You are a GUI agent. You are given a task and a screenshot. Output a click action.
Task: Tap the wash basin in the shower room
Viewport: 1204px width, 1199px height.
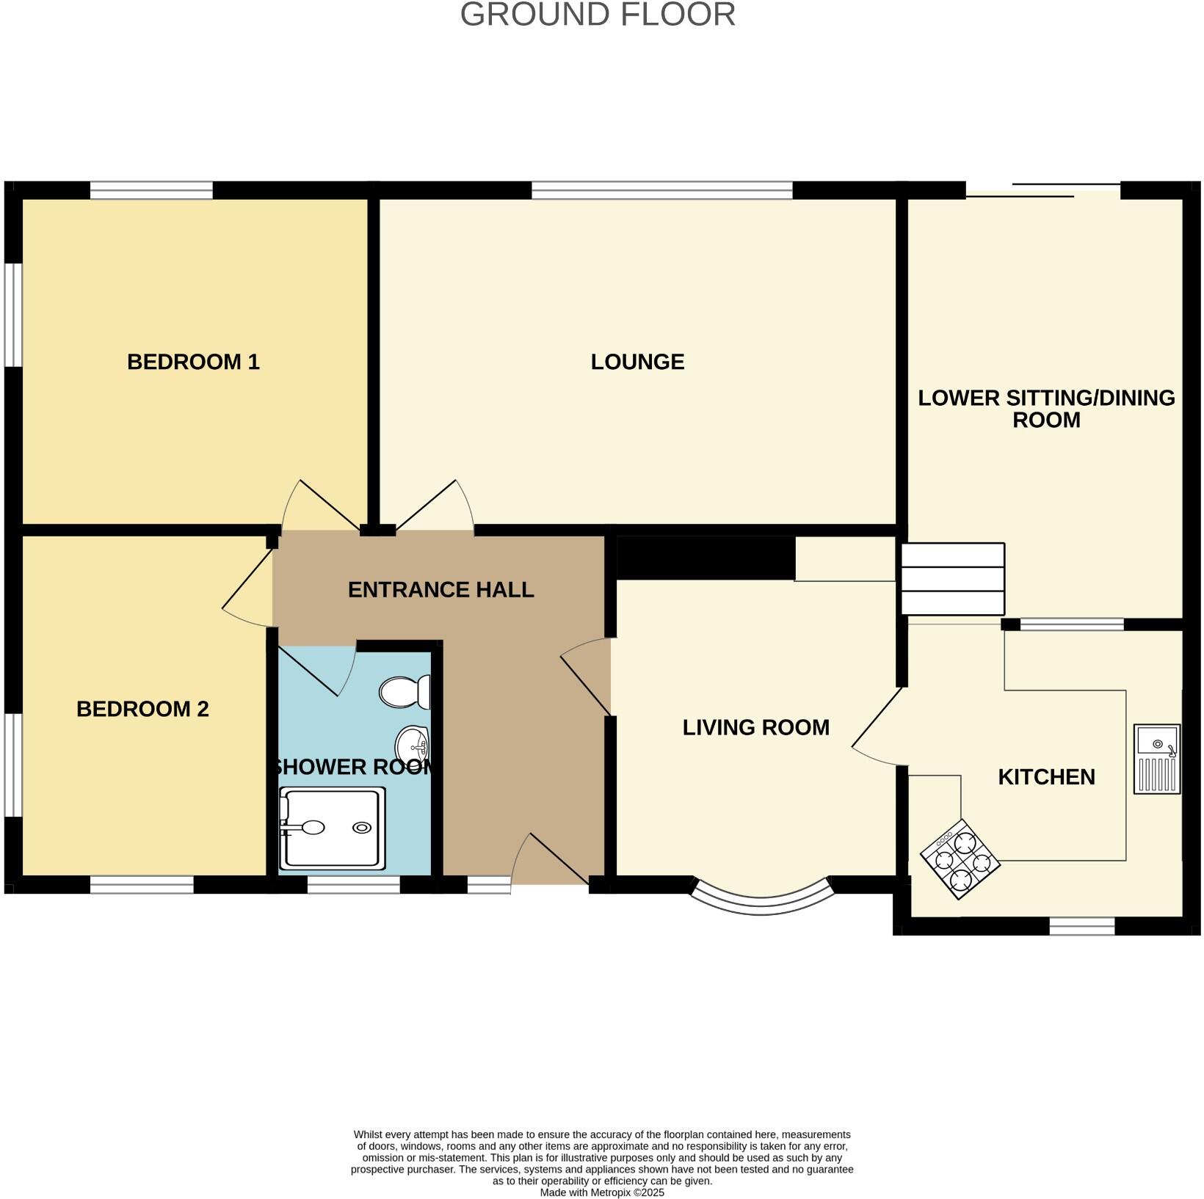(413, 746)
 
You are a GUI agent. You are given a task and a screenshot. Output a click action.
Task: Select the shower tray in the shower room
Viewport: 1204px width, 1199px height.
(333, 828)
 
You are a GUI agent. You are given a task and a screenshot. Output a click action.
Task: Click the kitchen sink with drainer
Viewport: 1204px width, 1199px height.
(1157, 759)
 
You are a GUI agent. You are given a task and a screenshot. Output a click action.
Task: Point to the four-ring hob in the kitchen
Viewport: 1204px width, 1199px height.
(960, 858)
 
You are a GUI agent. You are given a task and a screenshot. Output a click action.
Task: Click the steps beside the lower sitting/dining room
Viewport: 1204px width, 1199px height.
(952, 579)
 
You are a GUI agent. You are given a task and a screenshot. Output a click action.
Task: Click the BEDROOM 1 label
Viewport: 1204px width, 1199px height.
(193, 362)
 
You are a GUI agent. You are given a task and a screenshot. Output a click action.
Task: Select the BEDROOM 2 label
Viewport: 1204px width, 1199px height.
(142, 709)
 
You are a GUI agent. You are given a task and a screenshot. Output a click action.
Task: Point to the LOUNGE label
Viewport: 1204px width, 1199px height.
(637, 362)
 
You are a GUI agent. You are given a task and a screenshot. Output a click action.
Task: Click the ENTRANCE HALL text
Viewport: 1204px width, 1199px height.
(440, 590)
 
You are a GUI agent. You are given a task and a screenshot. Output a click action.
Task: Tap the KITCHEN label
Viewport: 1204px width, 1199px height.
(1046, 777)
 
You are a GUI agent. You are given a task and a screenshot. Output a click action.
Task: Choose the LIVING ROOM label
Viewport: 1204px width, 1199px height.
(755, 727)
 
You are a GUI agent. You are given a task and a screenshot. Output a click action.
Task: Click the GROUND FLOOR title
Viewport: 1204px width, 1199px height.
(598, 15)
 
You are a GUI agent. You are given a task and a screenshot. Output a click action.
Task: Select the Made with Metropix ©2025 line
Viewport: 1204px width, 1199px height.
(602, 1192)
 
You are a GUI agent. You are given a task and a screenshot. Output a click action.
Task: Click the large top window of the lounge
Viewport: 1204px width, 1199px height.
(662, 191)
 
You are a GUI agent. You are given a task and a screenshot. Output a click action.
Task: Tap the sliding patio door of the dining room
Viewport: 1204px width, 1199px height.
(1042, 189)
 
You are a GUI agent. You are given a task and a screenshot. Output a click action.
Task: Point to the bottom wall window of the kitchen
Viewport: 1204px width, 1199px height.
(1082, 926)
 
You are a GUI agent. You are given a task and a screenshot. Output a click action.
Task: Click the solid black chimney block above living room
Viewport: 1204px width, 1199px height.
(706, 558)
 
